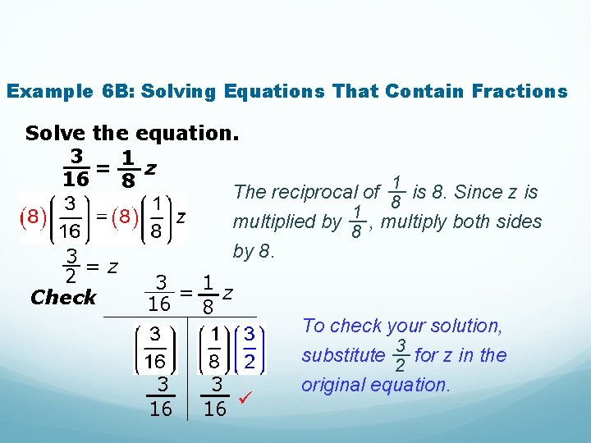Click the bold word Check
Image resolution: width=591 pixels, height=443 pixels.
coord(63,297)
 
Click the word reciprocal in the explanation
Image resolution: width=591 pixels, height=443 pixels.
coord(320,193)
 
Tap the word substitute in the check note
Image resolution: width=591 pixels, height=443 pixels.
coord(343,355)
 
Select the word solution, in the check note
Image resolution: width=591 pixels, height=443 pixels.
coord(465,326)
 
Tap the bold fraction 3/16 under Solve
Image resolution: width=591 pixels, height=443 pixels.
coord(76,166)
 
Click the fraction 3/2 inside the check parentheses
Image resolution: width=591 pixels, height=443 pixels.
coord(249,348)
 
